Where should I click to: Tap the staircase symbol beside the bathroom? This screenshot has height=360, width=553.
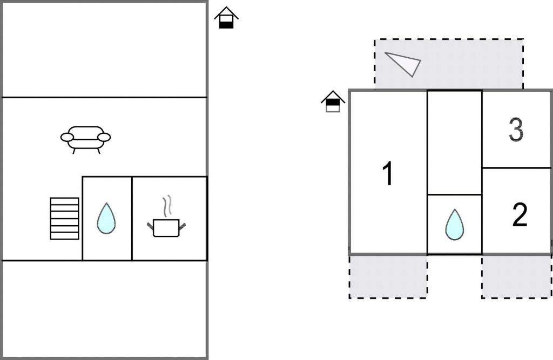tap(64, 218)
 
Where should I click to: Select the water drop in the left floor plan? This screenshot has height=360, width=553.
tap(106, 218)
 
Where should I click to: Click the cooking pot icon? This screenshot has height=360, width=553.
tap(166, 227)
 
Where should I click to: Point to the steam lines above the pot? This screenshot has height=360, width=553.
tap(167, 206)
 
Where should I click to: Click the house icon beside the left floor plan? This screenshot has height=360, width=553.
tap(226, 18)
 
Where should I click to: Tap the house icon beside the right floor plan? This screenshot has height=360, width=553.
tap(333, 101)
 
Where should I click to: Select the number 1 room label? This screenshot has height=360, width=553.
tap(387, 174)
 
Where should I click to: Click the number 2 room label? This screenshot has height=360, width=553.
tap(518, 215)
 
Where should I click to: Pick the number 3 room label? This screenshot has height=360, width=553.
tap(516, 130)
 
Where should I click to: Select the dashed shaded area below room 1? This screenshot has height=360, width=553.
tap(388, 276)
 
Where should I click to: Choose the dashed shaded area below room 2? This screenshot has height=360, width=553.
tap(516, 276)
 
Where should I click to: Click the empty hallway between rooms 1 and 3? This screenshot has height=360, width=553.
tap(454, 142)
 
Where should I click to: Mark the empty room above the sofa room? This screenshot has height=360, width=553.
tap(105, 50)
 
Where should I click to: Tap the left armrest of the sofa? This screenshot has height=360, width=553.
tap(67, 138)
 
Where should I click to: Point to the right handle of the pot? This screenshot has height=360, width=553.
tap(183, 225)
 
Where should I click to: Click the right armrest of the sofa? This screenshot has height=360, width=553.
tap(104, 137)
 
